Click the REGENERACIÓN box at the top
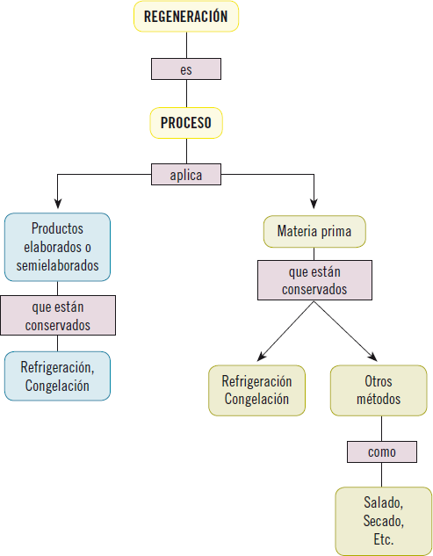click(x=185, y=17)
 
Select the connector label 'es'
click(x=185, y=69)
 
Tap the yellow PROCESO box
click(x=185, y=123)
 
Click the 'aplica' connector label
click(x=185, y=175)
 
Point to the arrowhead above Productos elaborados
click(x=57, y=206)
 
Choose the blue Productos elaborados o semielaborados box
click(x=57, y=246)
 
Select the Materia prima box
click(x=314, y=232)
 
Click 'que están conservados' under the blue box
click(x=57, y=315)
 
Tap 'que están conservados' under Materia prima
click(x=314, y=280)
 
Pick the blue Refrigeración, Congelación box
click(x=57, y=375)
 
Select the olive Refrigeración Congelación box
click(x=256, y=390)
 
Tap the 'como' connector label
click(x=382, y=452)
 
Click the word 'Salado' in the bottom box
click(x=382, y=502)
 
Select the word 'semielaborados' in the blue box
click(x=57, y=264)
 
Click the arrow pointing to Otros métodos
click(x=373, y=356)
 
